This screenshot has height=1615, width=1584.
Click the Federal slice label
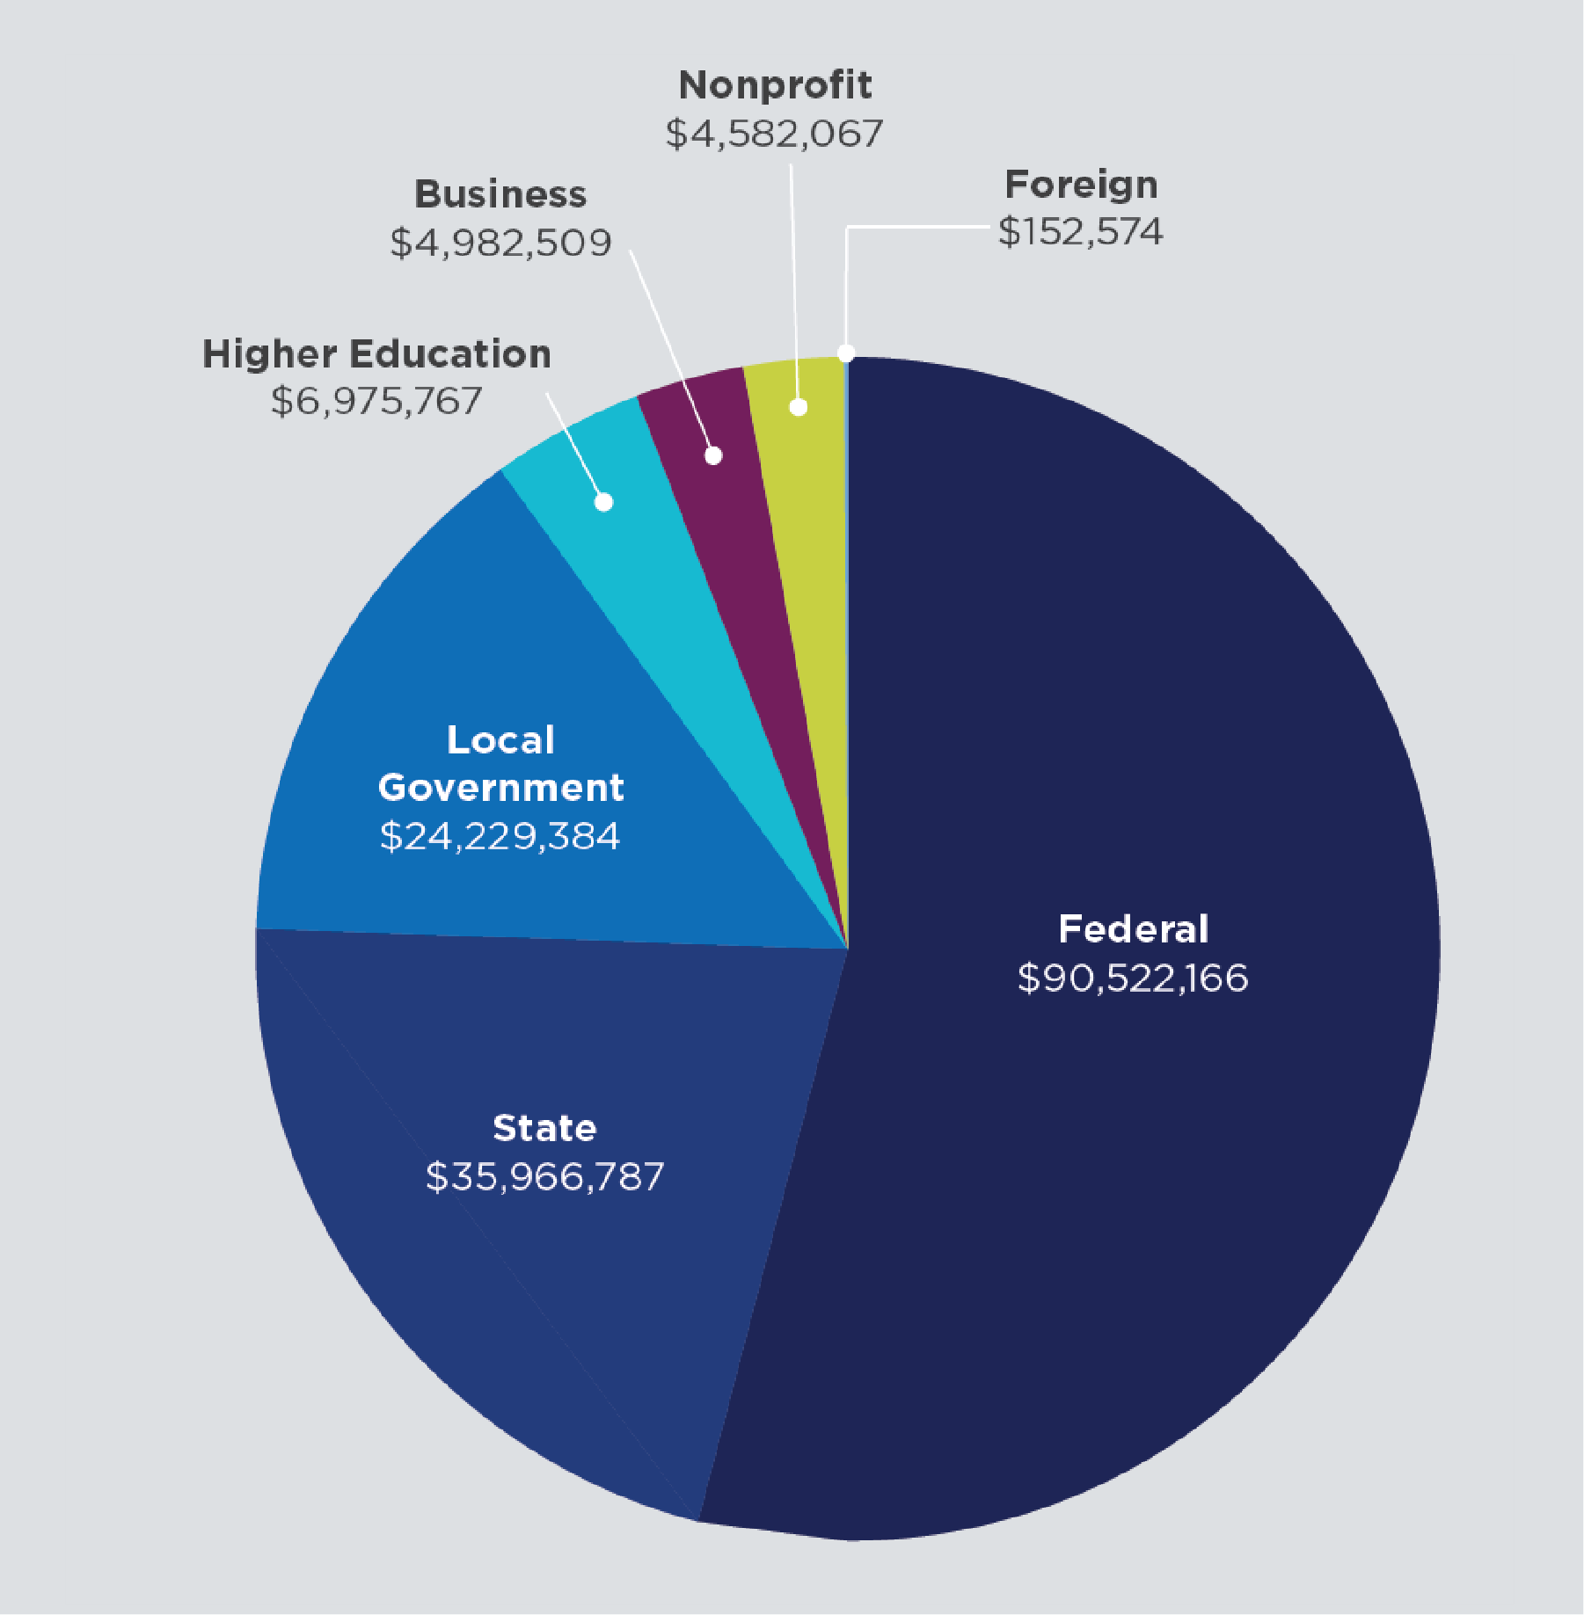(x=1133, y=929)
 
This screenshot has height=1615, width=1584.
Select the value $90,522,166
(x=1133, y=978)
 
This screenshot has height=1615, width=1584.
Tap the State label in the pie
(x=544, y=1128)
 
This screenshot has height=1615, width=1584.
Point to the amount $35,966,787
(x=544, y=1176)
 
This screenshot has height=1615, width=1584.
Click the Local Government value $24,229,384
(x=500, y=835)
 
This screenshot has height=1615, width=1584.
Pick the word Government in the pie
(x=500, y=787)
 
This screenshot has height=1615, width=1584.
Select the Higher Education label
(x=376, y=353)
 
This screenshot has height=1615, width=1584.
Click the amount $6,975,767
(x=376, y=401)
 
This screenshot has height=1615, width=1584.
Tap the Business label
(x=500, y=194)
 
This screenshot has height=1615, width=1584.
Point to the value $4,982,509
(x=500, y=243)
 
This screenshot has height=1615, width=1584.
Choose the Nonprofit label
(x=775, y=85)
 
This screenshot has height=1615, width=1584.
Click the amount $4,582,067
(x=774, y=134)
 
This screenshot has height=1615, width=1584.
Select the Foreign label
(x=1081, y=185)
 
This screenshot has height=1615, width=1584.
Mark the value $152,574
(x=1080, y=232)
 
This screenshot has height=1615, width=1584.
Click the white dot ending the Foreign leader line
(x=846, y=353)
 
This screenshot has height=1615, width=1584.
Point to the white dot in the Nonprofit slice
(x=799, y=407)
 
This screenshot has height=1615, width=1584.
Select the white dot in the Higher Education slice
(x=603, y=502)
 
